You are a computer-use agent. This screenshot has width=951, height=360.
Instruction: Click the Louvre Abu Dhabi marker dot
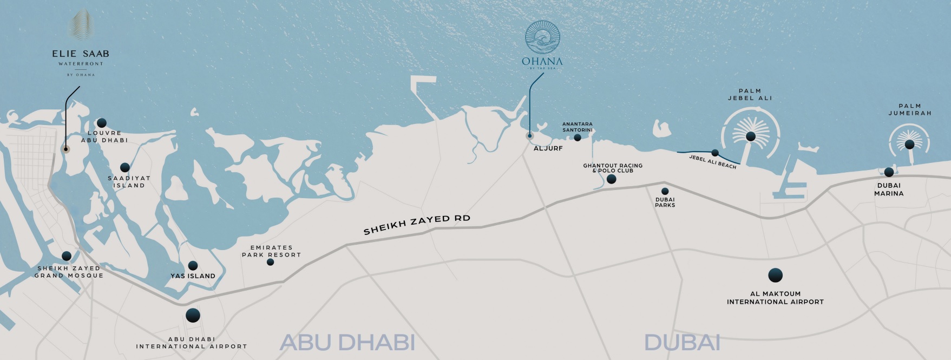point(102,123)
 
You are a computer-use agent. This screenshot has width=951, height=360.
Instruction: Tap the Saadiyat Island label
point(129,182)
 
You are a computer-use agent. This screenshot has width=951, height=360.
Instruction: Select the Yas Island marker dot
point(193,266)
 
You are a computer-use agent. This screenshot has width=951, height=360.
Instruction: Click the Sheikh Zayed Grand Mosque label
point(69,272)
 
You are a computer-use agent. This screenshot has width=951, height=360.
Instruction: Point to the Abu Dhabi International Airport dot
point(193,315)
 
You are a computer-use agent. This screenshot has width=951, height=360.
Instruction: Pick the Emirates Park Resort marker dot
point(271,262)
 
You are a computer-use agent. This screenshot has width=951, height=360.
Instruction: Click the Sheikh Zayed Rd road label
point(417,224)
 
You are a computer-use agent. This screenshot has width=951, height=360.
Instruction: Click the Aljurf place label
point(548,148)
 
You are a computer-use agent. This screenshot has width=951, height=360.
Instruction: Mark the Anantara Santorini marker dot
point(578,138)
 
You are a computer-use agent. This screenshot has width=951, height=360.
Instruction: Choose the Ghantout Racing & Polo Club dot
point(611,179)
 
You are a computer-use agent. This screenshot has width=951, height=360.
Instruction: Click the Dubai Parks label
point(665,202)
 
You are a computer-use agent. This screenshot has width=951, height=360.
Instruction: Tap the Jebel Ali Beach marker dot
point(715,153)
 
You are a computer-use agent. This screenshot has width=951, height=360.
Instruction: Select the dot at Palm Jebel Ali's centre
point(750,136)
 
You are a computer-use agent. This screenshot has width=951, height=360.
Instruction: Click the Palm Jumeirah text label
point(910,110)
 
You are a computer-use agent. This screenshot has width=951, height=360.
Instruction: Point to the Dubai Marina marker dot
point(889,172)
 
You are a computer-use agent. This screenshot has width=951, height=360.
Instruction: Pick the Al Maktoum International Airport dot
point(775,276)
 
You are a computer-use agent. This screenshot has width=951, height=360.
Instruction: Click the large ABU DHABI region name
point(347,342)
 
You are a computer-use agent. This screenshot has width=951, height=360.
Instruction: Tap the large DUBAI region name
point(682,342)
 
